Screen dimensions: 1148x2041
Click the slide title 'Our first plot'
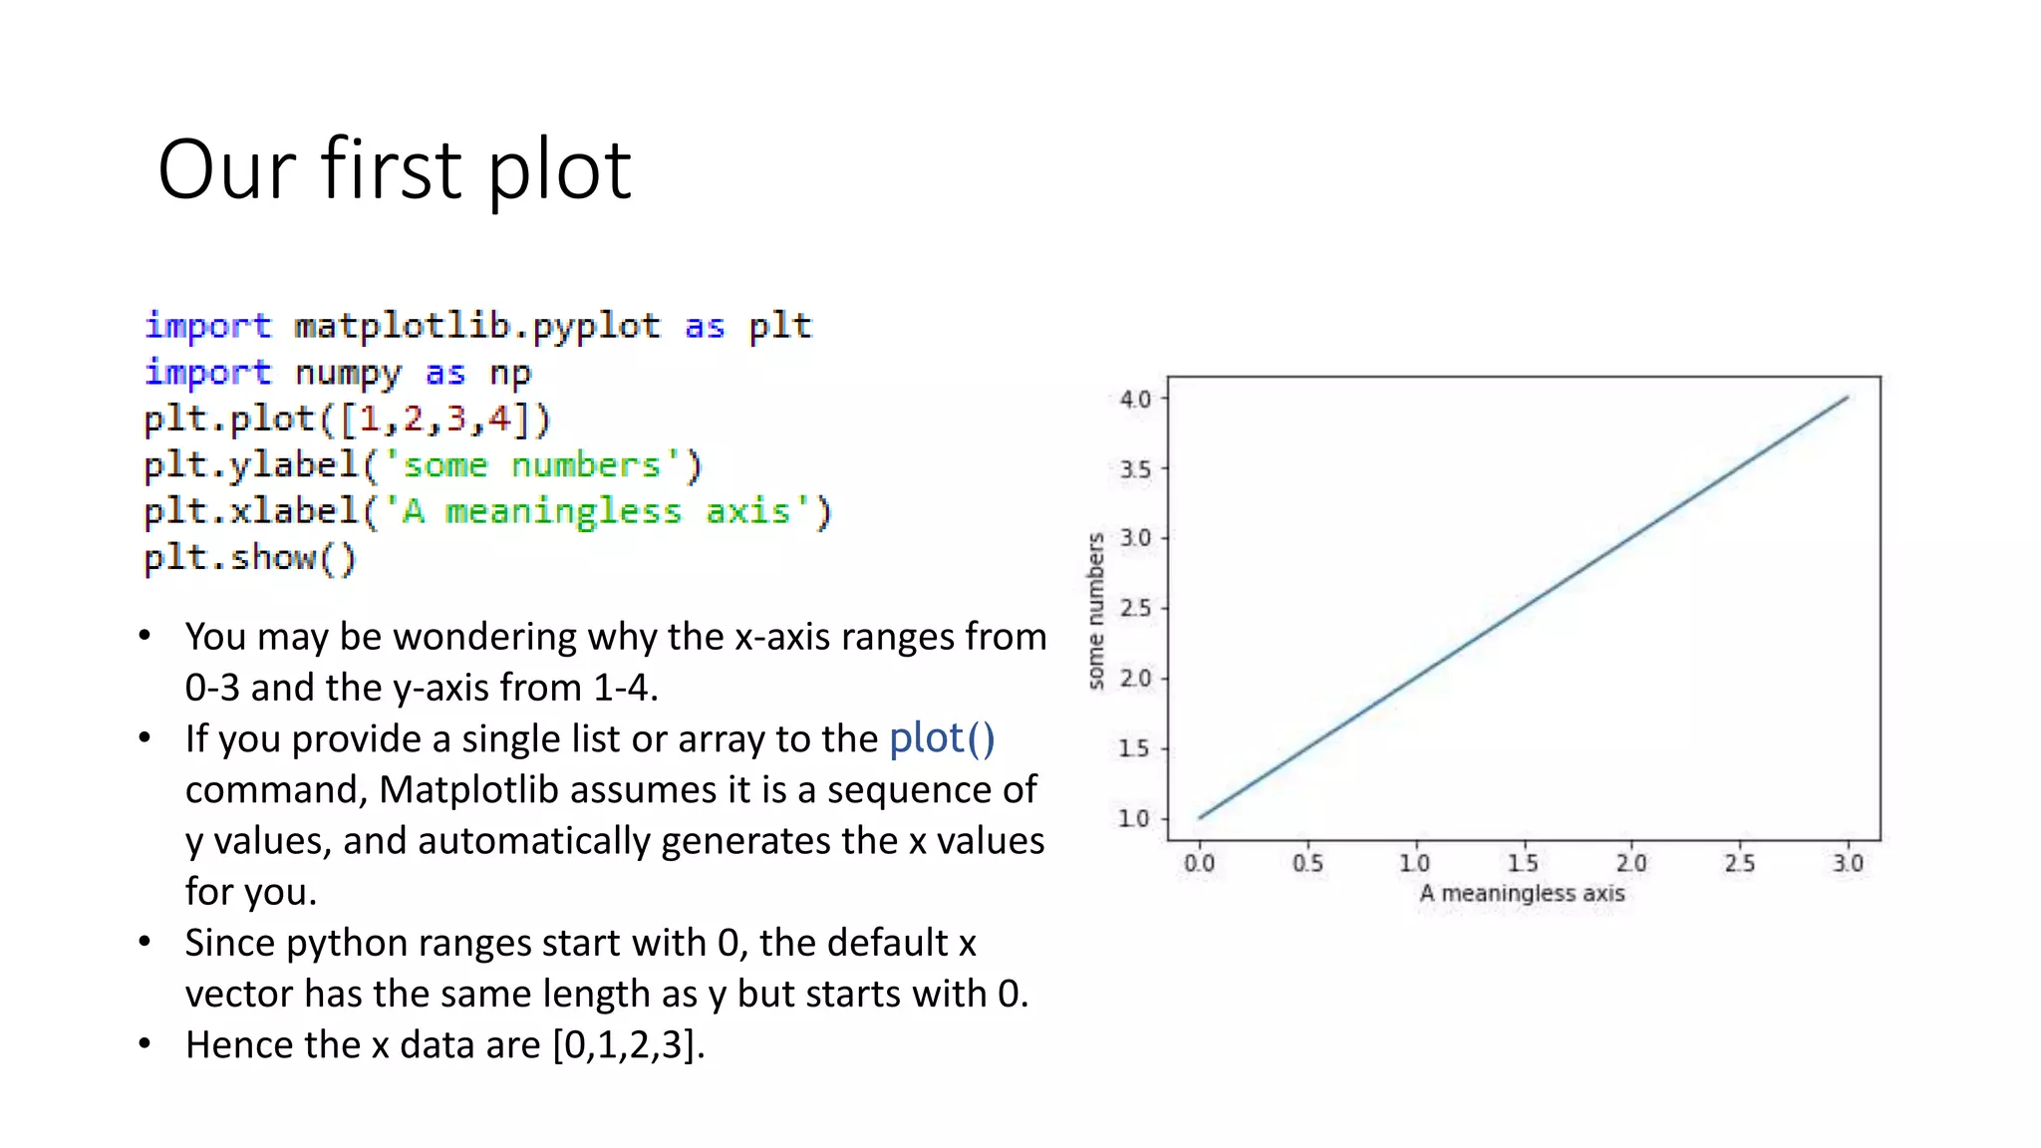coord(395,169)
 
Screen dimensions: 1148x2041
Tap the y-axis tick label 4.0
coord(1135,400)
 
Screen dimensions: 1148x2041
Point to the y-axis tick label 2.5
coord(1135,608)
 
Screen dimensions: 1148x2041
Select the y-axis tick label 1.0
coord(1134,818)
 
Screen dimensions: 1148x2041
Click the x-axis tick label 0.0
coord(1199,863)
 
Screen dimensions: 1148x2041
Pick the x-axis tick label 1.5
coord(1523,863)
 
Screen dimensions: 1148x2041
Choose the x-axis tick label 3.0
coord(1848,863)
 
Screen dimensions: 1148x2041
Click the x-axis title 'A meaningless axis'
coord(1522,893)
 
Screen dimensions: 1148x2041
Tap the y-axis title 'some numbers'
coord(1096,610)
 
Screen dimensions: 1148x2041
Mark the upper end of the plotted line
coord(1847,398)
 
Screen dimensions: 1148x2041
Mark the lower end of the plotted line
coord(1200,817)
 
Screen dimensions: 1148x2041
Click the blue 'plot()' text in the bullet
coord(942,738)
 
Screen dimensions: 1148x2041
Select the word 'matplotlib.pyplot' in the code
coord(477,326)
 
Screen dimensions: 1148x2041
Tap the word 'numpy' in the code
coord(348,373)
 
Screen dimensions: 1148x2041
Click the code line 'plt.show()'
coord(249,557)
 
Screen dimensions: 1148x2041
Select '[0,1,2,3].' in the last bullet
coord(629,1044)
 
